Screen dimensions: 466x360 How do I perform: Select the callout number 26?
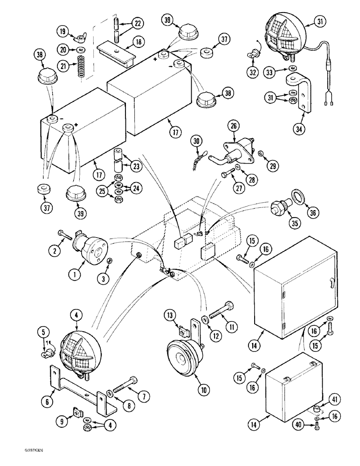[233, 126]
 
